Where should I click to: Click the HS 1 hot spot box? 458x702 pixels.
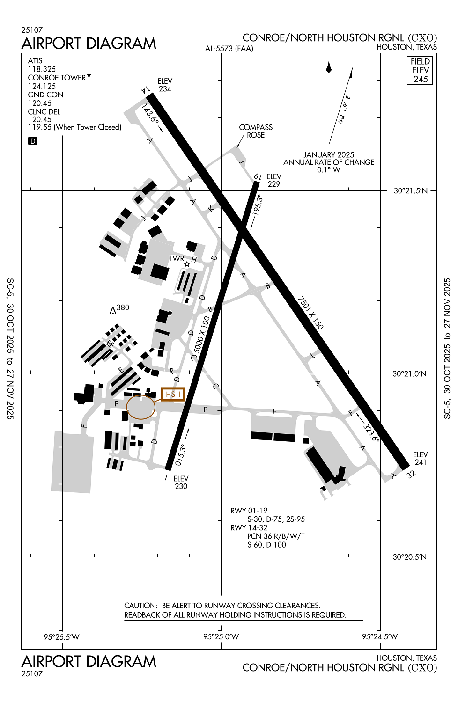pos(173,395)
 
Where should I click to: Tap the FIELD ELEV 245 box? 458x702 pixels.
pos(420,70)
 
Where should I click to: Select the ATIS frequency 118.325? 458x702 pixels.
pos(42,69)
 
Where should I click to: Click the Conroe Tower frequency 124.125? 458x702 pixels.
pos(42,86)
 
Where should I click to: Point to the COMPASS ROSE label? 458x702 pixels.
pos(256,131)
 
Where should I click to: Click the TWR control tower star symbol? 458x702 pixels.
pos(187,264)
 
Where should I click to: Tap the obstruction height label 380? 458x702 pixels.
pos(123,307)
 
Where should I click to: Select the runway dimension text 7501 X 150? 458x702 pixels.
pos(310,313)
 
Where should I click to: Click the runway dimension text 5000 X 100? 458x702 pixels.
pos(202,335)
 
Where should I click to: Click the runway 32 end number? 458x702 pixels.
pos(411,475)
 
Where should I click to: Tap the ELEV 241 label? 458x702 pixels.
pos(420,459)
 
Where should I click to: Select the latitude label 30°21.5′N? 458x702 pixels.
pos(410,191)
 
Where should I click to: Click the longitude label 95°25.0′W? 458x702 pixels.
pos(221,637)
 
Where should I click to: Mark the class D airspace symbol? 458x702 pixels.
pos(33,141)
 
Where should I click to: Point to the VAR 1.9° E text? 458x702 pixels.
pos(344,110)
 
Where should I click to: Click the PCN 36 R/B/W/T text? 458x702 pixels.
pos(276,536)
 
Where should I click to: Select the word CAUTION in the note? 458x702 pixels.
pos(140,606)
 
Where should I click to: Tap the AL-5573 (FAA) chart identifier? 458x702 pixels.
pos(229,49)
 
